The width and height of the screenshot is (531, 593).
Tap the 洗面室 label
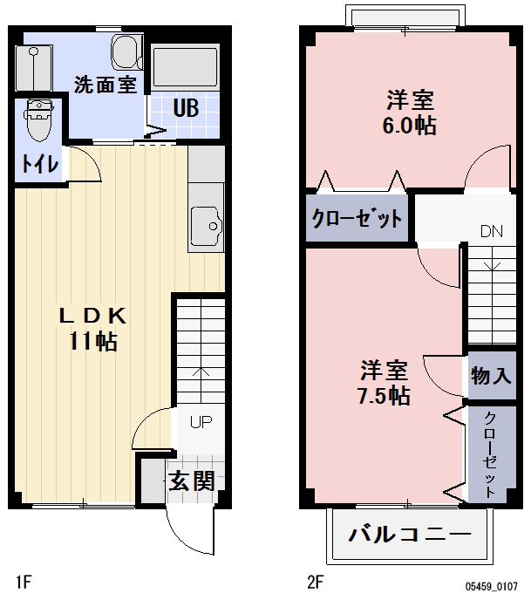point(104,85)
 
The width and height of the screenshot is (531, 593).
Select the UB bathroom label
point(185,109)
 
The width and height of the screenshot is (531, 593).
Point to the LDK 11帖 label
point(93,328)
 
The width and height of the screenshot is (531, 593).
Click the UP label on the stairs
point(201,423)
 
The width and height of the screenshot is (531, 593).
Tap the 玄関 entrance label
point(192,481)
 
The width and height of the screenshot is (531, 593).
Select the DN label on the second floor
point(492,232)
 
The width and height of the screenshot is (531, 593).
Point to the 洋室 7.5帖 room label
point(385,381)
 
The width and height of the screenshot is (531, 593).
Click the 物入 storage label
point(491,377)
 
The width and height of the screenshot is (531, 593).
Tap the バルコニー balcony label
point(410,534)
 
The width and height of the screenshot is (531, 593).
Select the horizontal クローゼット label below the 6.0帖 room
point(357,217)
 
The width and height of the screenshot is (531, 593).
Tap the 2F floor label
point(315,579)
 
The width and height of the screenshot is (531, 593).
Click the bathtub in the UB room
point(184,66)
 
